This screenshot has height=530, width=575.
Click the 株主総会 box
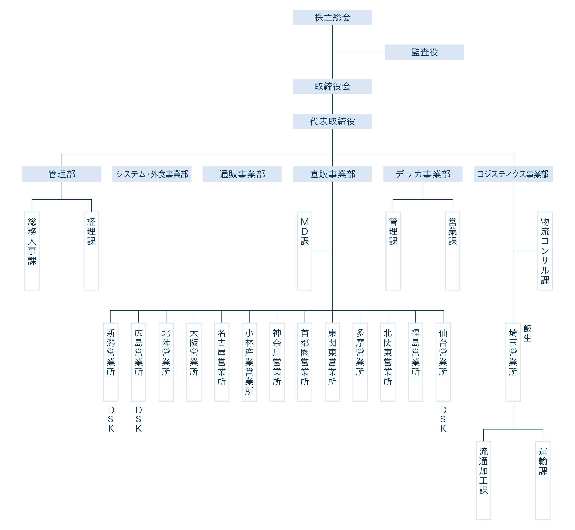(x=332, y=18)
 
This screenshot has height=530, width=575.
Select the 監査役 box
(x=424, y=52)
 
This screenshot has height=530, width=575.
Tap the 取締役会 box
(x=332, y=86)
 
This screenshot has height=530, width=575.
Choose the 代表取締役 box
(x=332, y=121)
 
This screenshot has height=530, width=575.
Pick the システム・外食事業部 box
(x=152, y=174)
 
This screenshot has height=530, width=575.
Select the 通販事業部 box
(x=242, y=174)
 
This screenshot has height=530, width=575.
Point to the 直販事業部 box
(x=332, y=174)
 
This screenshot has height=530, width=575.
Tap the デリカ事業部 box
(x=423, y=174)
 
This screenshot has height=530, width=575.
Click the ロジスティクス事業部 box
(x=513, y=174)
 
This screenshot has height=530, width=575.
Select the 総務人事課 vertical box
(x=32, y=251)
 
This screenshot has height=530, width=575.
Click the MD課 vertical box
(x=305, y=251)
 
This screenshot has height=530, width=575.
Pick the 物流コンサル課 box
(x=545, y=251)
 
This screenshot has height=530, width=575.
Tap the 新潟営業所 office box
(x=111, y=362)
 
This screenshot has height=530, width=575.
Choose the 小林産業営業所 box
(x=249, y=362)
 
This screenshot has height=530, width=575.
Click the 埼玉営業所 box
(x=513, y=362)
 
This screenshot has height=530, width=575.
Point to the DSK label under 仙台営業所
(x=443, y=419)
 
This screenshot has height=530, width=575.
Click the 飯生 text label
(x=527, y=333)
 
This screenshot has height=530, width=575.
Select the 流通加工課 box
(x=483, y=481)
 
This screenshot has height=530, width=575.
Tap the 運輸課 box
(x=543, y=481)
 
